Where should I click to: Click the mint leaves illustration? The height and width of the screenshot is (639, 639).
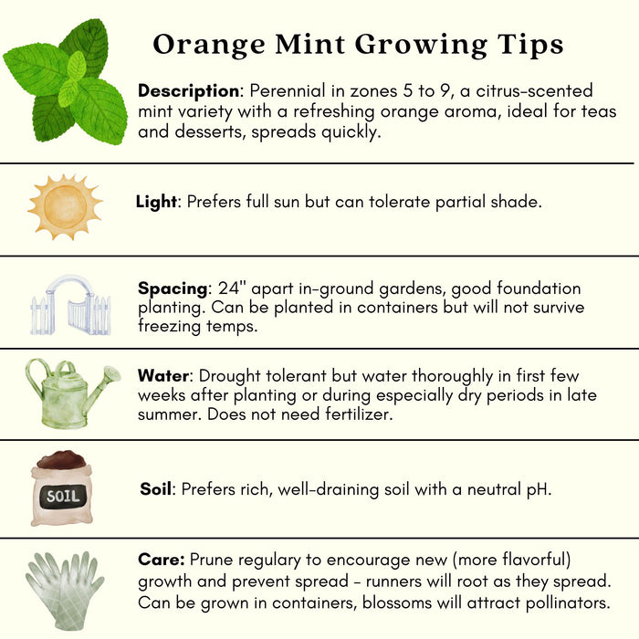(65, 81)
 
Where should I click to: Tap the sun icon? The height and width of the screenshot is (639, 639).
(65, 206)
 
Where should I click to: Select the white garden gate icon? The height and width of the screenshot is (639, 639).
(70, 305)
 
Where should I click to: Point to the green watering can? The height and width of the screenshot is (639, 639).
(72, 393)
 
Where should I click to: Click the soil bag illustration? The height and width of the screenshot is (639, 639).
(62, 487)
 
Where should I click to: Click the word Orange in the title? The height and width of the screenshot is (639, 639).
(209, 45)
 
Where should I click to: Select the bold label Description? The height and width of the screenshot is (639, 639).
(189, 91)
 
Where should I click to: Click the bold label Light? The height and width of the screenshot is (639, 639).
(156, 202)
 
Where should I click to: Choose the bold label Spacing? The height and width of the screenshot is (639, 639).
(173, 289)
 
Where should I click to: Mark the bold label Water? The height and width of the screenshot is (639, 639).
(163, 375)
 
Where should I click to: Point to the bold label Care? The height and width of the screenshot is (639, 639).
(162, 560)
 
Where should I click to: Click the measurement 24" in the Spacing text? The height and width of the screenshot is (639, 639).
(229, 288)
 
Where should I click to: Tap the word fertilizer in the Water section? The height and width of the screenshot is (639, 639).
(358, 414)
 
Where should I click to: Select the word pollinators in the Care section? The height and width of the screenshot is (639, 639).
(568, 603)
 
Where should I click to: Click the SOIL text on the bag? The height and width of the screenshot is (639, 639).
(63, 497)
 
